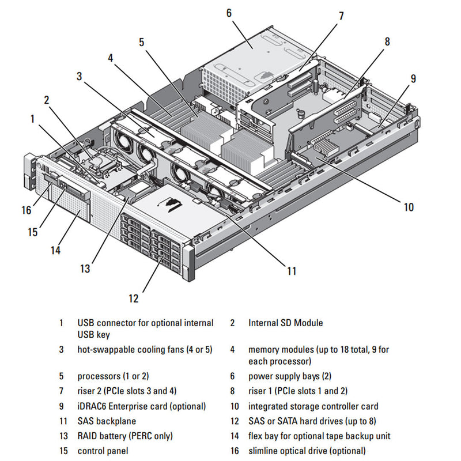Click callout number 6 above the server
pos(229,12)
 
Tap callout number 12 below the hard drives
pos(134,298)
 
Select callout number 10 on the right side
pos(409,207)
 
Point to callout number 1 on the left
pos(33,119)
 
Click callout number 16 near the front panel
pos(26,210)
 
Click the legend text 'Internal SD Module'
pos(285,323)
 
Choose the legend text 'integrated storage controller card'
pos(313,406)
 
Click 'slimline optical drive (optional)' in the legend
pos(307,451)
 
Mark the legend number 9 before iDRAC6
pos(61,406)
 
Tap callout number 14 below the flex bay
pos(55,250)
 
